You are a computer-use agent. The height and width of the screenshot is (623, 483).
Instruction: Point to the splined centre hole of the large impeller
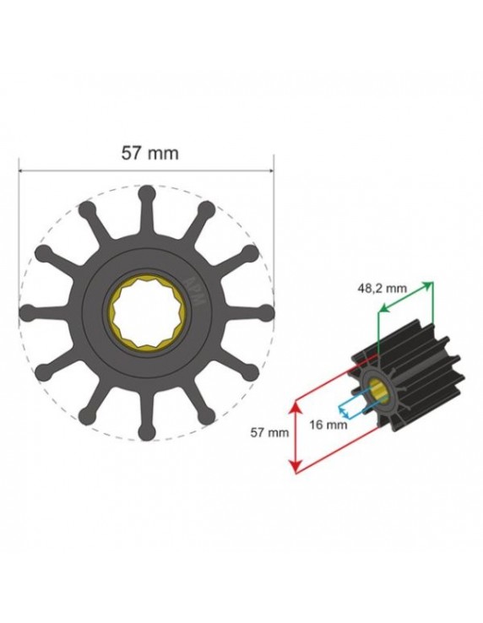(147, 312)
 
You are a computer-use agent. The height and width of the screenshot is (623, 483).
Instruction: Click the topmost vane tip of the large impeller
(147, 192)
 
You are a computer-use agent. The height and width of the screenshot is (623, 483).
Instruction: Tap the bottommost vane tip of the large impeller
(147, 434)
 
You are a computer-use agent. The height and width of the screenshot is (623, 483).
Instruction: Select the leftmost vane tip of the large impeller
(25, 312)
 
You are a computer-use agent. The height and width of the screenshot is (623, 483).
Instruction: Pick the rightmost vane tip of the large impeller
(269, 312)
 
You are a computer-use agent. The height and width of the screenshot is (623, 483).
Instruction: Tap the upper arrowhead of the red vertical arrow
(294, 405)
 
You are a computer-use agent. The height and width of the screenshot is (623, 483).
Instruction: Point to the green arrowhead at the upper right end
(431, 286)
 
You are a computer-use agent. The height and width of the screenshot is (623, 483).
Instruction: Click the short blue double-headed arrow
(348, 410)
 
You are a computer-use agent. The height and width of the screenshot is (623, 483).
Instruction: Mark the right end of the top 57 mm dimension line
(275, 170)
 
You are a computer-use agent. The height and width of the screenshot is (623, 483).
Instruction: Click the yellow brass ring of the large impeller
(116, 312)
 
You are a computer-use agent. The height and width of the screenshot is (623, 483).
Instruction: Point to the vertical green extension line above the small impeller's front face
(377, 338)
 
